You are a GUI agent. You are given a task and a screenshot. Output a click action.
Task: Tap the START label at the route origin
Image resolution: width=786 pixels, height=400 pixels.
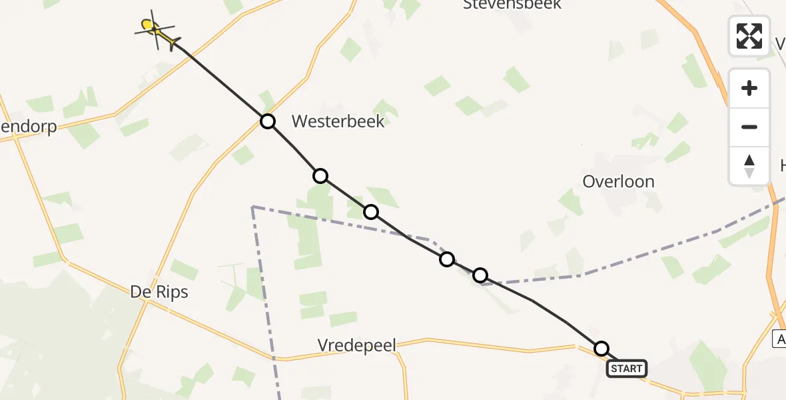tap(626, 369)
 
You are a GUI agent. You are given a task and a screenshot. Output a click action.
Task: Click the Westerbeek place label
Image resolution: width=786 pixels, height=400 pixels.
tap(338, 121)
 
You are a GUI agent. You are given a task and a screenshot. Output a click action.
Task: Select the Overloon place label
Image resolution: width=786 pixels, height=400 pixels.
tap(618, 181)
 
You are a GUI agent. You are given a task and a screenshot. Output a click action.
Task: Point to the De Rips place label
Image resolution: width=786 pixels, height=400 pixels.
tap(159, 292)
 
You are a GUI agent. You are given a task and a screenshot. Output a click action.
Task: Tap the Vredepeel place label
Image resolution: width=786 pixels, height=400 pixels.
tap(356, 345)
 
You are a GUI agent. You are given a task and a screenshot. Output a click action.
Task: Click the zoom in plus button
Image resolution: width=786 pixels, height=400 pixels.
tap(749, 88)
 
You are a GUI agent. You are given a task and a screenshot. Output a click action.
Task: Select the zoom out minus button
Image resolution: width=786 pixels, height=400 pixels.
tap(749, 127)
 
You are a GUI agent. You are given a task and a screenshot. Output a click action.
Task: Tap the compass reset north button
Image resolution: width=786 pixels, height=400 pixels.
tap(749, 165)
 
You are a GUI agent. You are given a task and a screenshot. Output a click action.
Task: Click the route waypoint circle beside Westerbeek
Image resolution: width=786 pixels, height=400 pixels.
tap(267, 121)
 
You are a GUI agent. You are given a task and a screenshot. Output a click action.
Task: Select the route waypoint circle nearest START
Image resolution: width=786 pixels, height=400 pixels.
tap(601, 348)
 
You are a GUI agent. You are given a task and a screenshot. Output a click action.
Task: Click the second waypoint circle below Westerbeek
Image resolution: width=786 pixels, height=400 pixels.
tap(371, 212)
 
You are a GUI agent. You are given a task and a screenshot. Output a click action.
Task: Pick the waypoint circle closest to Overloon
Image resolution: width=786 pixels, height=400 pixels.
tap(480, 275)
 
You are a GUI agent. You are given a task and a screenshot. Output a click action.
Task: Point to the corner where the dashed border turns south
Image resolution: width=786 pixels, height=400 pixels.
tap(253, 207)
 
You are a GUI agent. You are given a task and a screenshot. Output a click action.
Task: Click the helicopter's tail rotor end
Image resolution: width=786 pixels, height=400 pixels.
tap(176, 45)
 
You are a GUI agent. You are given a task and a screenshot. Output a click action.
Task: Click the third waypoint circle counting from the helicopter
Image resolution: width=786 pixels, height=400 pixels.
tap(371, 212)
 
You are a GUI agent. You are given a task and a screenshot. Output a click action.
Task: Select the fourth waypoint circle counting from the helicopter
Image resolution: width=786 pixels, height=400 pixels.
tap(447, 259)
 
